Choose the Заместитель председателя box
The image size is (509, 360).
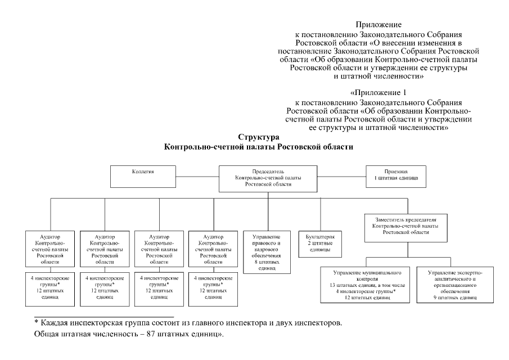[402, 224]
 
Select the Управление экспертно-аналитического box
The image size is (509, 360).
[455, 285]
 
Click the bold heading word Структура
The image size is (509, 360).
[258, 137]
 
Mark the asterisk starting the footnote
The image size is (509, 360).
[36, 323]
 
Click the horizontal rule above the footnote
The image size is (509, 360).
[104, 317]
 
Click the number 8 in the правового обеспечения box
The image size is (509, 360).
[256, 262]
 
